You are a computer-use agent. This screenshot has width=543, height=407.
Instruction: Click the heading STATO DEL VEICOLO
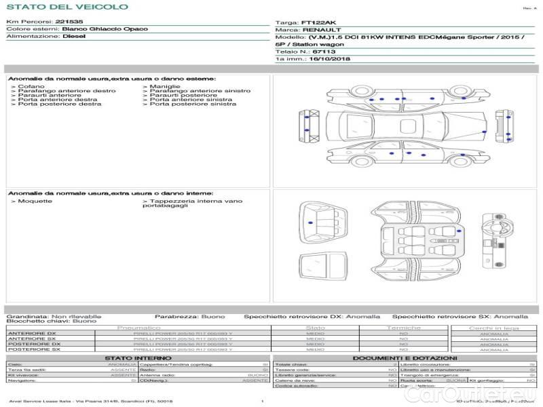(67, 7)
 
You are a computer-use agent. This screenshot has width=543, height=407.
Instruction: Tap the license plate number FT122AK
(318, 22)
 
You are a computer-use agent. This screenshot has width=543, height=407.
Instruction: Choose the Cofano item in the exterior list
(31, 87)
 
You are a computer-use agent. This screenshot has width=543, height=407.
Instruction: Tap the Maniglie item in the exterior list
(165, 87)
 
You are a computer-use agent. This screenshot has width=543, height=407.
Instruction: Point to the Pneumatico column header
(139, 328)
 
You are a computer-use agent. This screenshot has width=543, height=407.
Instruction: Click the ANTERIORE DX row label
(32, 333)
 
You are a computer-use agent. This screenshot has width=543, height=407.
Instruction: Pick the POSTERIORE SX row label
(33, 349)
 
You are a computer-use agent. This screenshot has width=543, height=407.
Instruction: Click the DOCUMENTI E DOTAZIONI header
(405, 357)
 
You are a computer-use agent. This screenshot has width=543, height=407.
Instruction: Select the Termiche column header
(404, 328)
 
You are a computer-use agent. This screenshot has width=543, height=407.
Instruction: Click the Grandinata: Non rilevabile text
(54, 316)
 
